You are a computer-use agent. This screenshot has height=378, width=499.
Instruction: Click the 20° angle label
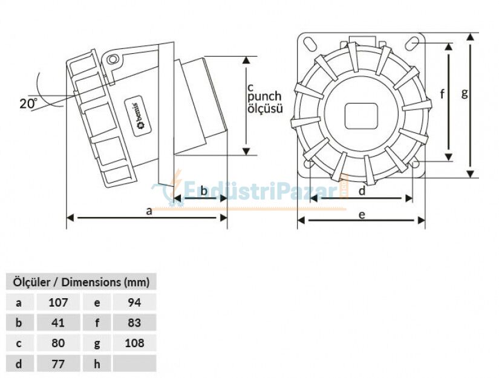click(28, 103)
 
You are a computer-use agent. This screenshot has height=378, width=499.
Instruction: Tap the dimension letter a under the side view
click(149, 210)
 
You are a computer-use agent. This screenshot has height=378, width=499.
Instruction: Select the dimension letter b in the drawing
click(204, 192)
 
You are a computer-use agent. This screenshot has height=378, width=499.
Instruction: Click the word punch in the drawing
click(265, 97)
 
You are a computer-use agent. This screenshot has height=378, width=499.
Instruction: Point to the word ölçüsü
click(265, 109)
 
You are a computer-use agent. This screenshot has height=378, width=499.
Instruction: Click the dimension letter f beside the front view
click(443, 94)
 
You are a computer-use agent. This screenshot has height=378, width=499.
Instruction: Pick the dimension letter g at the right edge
click(464, 93)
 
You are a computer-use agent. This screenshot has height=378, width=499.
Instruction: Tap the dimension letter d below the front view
click(362, 192)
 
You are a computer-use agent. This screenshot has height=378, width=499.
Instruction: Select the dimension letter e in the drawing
click(362, 215)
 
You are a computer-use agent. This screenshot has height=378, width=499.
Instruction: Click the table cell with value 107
click(58, 302)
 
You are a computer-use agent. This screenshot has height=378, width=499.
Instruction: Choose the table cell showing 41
click(58, 322)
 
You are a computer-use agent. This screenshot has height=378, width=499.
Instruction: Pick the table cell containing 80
click(58, 343)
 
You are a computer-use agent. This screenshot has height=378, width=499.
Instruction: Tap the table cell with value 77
click(58, 363)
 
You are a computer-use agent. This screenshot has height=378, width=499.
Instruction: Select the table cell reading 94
click(134, 302)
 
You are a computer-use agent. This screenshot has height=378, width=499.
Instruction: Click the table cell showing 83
click(134, 322)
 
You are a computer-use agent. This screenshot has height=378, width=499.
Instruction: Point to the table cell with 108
click(134, 343)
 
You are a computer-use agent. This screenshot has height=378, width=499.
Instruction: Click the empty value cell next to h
click(134, 363)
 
